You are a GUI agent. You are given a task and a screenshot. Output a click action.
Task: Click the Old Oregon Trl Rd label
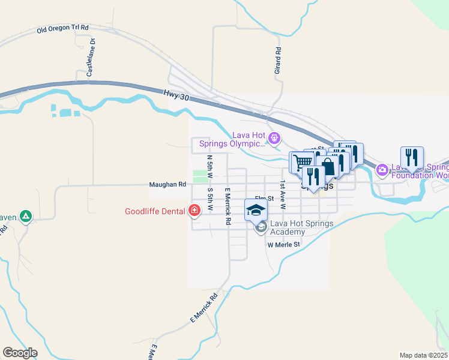(62, 29)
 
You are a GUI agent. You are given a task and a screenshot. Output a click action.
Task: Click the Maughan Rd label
(167, 185)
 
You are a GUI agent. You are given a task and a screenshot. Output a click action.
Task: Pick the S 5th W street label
(211, 199)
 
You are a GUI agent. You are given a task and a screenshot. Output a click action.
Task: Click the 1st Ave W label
(282, 194)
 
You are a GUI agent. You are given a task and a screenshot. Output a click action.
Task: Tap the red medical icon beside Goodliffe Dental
(194, 211)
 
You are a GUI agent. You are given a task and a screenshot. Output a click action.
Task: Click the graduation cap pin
(256, 210)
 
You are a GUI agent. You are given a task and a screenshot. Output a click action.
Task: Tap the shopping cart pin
(301, 162)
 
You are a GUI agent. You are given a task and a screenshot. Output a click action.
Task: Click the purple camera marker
(382, 170)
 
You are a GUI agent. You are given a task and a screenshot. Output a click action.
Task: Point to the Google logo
(20, 353)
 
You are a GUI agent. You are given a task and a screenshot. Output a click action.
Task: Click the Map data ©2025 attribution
(423, 355)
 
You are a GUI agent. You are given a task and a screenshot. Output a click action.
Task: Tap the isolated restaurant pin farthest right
(412, 158)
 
